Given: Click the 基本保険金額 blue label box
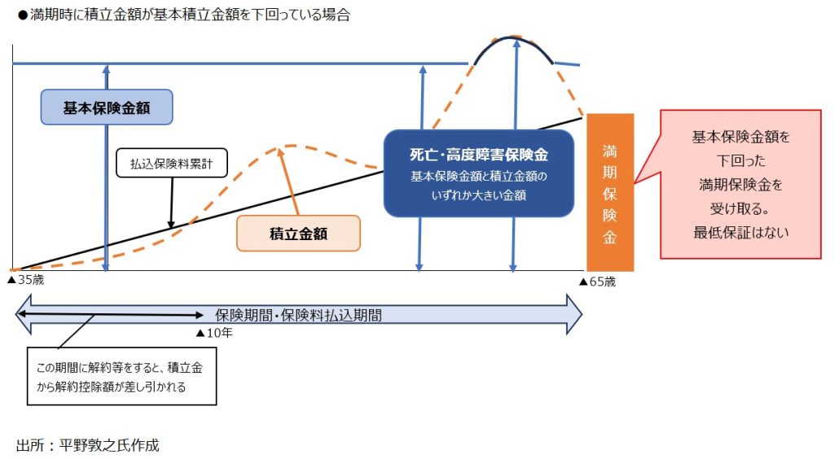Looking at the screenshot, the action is click(x=107, y=107).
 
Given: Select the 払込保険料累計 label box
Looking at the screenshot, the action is click(x=172, y=163).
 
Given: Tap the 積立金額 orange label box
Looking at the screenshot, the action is click(x=298, y=234).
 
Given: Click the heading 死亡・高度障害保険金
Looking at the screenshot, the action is click(x=479, y=155).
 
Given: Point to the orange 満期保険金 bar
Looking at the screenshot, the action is click(x=610, y=192).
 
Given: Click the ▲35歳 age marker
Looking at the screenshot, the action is click(x=25, y=280).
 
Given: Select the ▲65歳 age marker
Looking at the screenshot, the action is click(x=597, y=282).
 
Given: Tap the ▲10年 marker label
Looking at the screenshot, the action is click(x=214, y=333).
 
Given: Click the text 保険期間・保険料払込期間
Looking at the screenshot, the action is click(x=298, y=315).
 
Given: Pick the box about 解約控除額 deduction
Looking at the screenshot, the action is click(x=122, y=377).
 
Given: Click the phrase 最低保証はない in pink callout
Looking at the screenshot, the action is click(x=741, y=232).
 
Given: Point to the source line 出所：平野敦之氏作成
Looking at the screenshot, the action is click(x=88, y=444).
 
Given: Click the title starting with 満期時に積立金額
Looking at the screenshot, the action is click(x=184, y=15).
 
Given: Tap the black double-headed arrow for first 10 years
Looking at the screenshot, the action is click(x=110, y=314).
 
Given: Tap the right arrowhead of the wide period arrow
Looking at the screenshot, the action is click(x=574, y=314).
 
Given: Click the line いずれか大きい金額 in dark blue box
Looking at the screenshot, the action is click(x=479, y=195).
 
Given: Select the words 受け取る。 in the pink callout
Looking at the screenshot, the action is click(x=740, y=208).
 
